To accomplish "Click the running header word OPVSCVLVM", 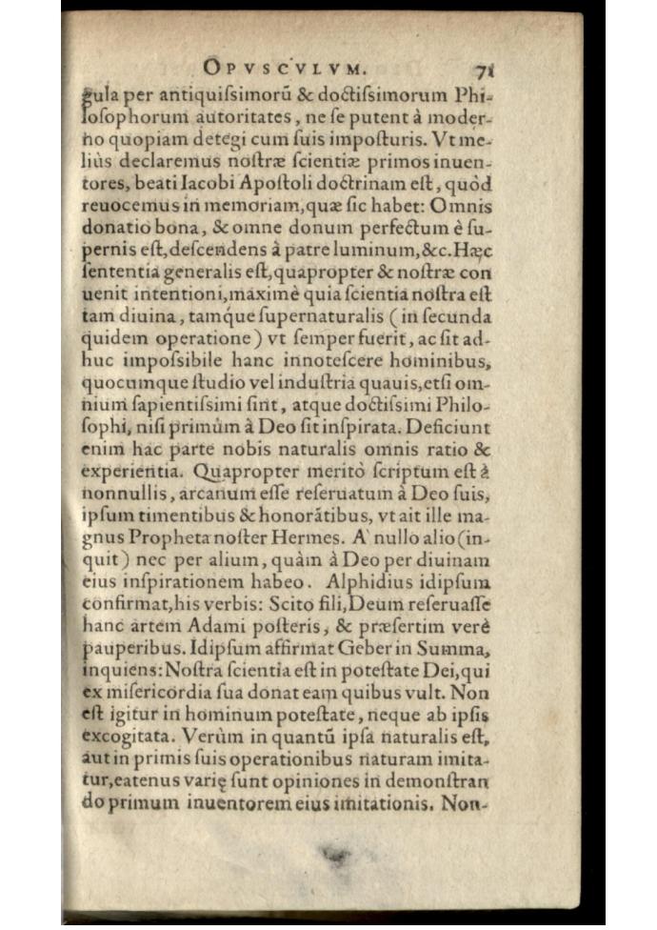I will [286, 68].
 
